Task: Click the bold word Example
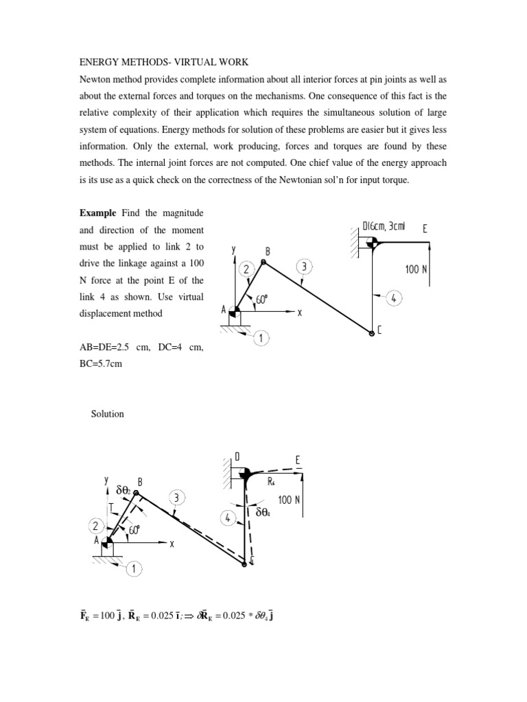(x=99, y=213)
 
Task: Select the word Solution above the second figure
(x=107, y=414)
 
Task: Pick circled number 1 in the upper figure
(x=261, y=337)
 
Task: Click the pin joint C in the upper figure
(x=371, y=332)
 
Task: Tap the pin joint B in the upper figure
(x=263, y=261)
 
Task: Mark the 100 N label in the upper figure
(x=416, y=269)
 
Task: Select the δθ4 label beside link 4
(x=267, y=512)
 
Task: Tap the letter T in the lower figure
(x=111, y=507)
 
